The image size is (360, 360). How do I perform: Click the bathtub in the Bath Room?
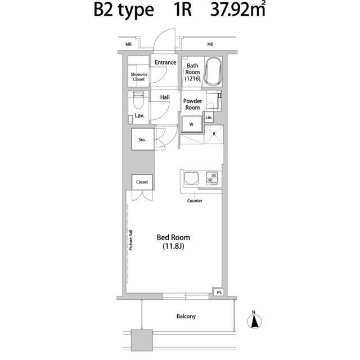[x=213, y=71]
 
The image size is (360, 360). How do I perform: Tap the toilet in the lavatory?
[x=138, y=100]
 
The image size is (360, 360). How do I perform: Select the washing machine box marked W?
[x=191, y=124]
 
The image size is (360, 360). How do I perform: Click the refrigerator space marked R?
[x=214, y=134]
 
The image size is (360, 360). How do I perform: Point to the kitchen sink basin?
[x=191, y=179]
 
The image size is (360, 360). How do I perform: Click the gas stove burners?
[x=212, y=178]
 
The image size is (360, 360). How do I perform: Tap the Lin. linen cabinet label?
[x=209, y=118]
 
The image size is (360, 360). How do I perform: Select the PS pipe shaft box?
[x=219, y=292]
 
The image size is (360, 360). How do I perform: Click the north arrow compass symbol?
[x=254, y=320]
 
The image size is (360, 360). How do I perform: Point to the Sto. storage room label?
[x=142, y=139]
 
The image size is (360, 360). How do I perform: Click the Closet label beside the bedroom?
[x=142, y=182]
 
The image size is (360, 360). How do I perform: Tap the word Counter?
[x=195, y=201]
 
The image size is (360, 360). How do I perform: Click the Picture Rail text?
[x=130, y=240]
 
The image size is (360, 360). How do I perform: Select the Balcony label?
[x=186, y=316]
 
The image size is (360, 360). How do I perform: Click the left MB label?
[x=128, y=44]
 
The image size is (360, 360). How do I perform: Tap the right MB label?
[x=210, y=44]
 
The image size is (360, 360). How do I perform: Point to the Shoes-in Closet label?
[x=139, y=76]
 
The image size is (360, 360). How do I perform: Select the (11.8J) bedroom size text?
[x=173, y=246]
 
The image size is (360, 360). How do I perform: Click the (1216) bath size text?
[x=192, y=79]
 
